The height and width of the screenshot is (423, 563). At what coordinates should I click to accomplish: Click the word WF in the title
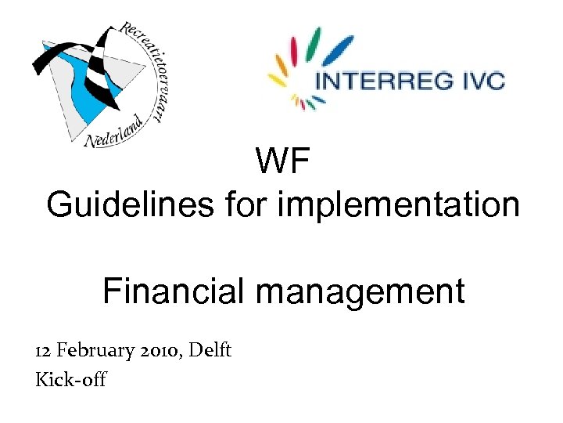282,164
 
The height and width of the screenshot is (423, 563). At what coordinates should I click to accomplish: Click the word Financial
174,292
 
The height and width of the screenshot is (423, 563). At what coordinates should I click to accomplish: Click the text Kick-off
70,380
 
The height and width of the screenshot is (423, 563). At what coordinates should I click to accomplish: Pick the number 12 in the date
44,350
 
